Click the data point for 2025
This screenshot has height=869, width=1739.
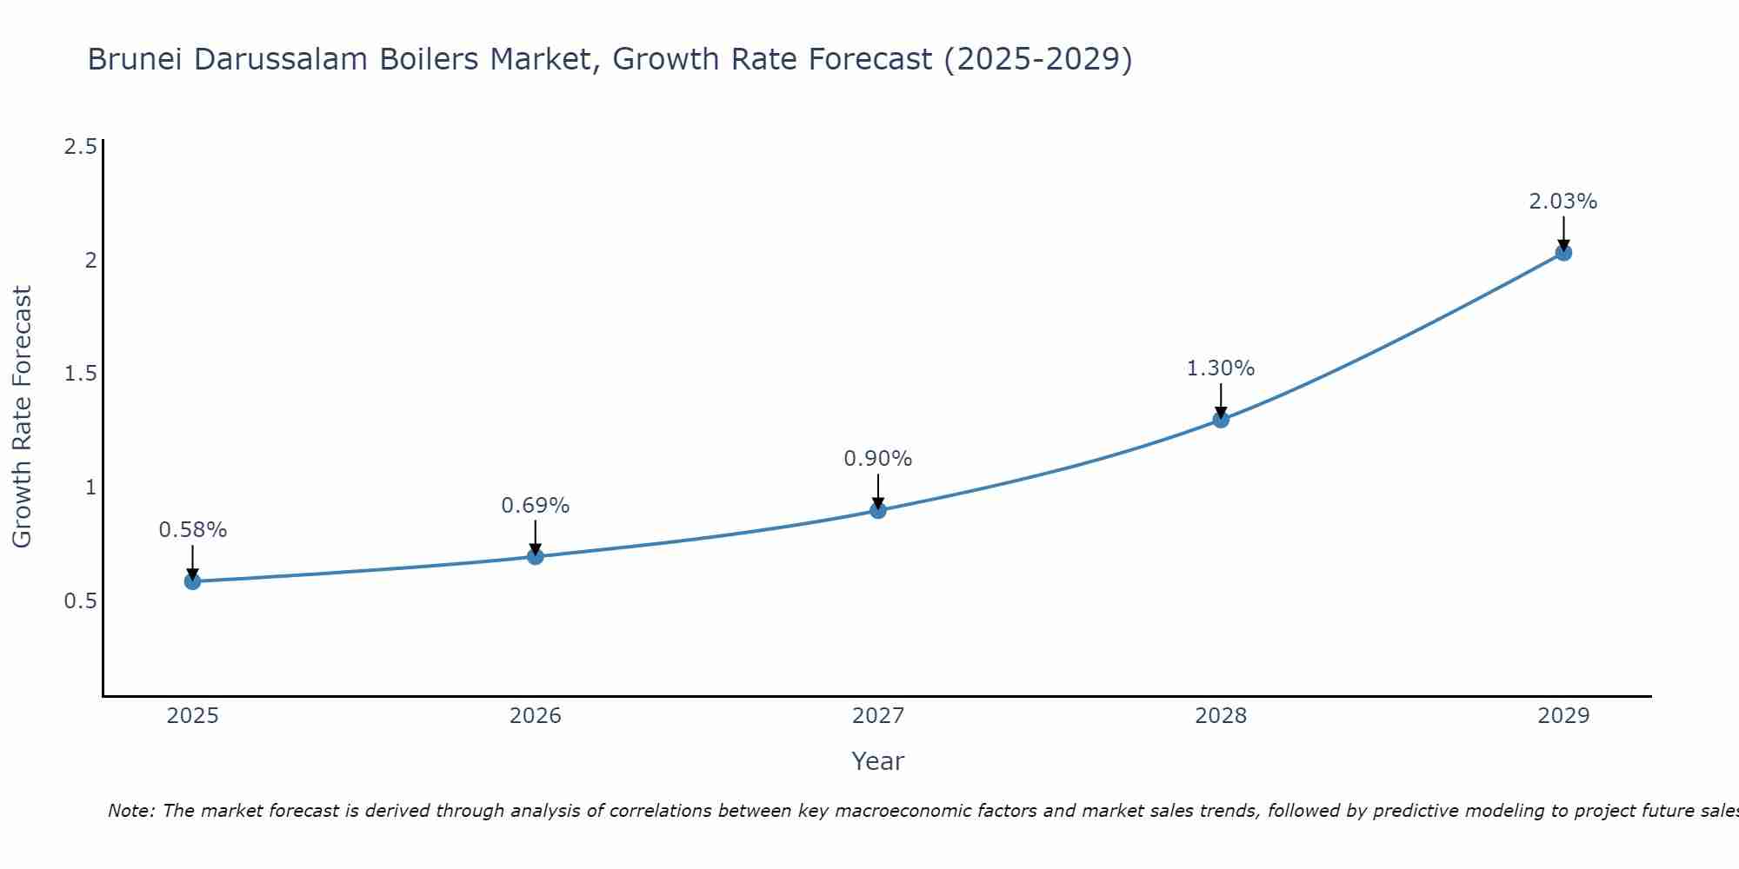[x=192, y=581]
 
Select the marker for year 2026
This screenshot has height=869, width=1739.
[x=535, y=556]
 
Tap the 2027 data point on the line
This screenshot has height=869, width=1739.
[x=878, y=510]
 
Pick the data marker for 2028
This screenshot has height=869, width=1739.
[x=1221, y=420]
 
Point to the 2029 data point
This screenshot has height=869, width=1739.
[x=1563, y=253]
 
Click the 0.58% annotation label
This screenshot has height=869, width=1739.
[x=192, y=530]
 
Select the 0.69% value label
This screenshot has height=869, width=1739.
[x=535, y=506]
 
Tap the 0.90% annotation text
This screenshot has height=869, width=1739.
[x=878, y=459]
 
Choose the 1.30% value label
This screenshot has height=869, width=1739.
[x=1221, y=368]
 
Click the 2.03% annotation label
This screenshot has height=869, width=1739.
[x=1563, y=202]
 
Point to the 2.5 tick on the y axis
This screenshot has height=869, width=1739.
[x=80, y=147]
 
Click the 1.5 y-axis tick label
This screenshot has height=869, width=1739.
[x=80, y=374]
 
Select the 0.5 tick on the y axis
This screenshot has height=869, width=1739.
[x=80, y=601]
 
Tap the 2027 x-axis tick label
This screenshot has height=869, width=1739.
[x=878, y=716]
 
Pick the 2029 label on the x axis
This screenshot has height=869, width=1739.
[x=1563, y=716]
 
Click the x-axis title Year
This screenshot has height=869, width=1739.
[x=878, y=761]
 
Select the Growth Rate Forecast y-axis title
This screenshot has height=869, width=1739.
[x=22, y=417]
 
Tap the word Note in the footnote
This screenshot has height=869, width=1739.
[x=130, y=811]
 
